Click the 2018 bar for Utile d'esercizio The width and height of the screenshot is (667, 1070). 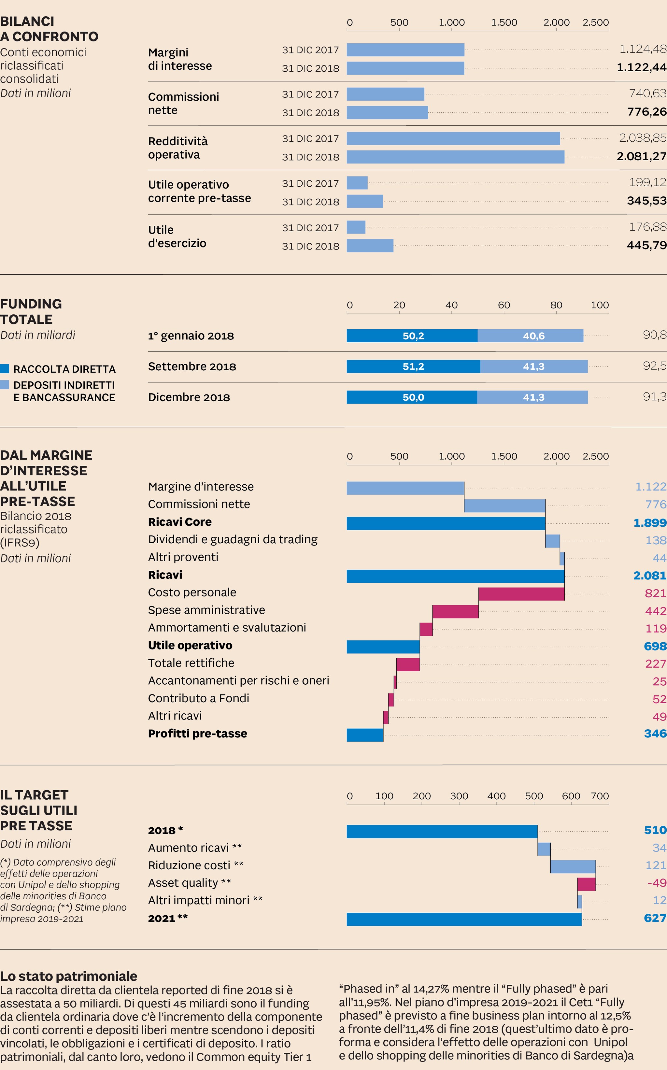(370, 246)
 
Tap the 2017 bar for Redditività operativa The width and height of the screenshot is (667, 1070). (453, 138)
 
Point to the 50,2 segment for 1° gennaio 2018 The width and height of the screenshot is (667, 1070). (412, 335)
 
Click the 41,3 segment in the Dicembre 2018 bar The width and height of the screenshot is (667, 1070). (532, 397)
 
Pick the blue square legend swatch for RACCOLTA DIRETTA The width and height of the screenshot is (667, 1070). (5, 369)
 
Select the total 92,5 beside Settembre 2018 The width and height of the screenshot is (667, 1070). (654, 366)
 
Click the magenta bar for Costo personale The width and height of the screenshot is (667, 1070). (521, 594)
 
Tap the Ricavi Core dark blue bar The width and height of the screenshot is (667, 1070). (446, 523)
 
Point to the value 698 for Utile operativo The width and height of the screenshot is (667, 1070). (655, 646)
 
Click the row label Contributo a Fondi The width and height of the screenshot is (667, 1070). (199, 698)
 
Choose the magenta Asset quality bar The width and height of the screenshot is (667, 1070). (586, 884)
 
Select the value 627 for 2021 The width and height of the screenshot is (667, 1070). (655, 918)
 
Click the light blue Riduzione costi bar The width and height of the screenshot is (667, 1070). (573, 866)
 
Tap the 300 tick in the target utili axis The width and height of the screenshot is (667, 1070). (459, 796)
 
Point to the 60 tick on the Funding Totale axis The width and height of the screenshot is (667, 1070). (504, 305)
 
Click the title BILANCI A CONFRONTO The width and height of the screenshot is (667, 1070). (49, 29)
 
